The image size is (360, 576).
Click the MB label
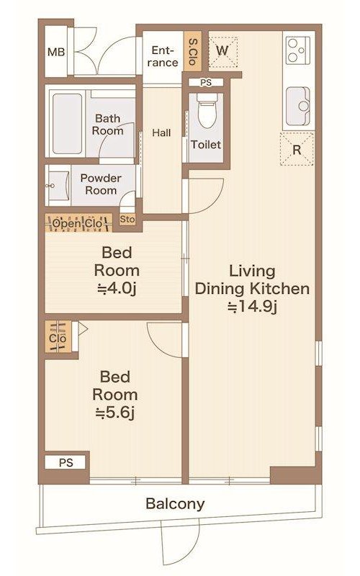pos(56,52)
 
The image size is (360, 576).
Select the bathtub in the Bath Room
pos(67,124)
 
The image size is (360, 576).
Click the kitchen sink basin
pos(298,106)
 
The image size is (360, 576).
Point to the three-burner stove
pos(298,50)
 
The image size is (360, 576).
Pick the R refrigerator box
pos(297,149)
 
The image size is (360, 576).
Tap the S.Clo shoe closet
pos(192,51)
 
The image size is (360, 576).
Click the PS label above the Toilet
pos(206,83)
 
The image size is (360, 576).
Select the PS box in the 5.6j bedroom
pos(66,462)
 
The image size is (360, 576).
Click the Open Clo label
pos(78,223)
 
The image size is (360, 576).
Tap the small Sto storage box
pos(127,220)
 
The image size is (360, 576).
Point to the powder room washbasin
pos(58,186)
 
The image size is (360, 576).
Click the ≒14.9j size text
pos(251,307)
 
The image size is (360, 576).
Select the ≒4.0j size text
pos(117,289)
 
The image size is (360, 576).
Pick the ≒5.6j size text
pos(115,413)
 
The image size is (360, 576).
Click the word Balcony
pos(175,503)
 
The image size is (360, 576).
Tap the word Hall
pos(161,132)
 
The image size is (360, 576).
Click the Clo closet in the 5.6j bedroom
pos(58,337)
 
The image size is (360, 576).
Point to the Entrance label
pos(163,56)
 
